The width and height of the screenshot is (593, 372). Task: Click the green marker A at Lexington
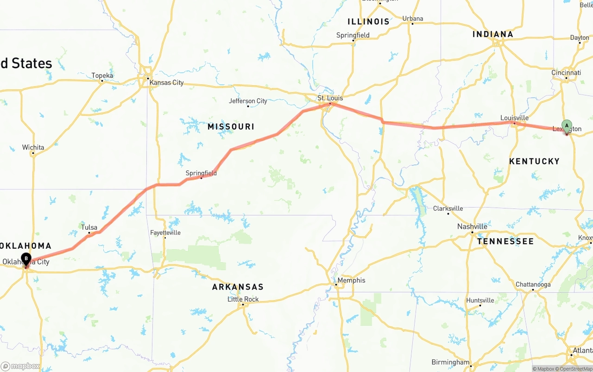(567, 126)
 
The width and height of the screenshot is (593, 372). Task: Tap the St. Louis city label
(330, 98)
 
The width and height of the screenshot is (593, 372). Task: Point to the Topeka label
(102, 76)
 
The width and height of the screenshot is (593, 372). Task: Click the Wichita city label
(33, 148)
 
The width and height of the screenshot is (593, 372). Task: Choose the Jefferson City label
(248, 101)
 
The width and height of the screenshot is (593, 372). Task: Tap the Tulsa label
(89, 227)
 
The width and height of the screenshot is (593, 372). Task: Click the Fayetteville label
(165, 233)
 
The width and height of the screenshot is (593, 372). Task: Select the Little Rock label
(243, 299)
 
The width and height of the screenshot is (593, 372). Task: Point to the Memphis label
(351, 280)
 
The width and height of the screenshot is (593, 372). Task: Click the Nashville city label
(472, 227)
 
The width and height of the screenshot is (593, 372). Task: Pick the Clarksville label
(448, 208)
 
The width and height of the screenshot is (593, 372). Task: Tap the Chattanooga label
(533, 284)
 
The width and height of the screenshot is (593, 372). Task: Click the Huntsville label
(480, 300)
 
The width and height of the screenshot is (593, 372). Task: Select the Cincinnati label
(566, 73)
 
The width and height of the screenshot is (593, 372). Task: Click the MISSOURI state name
(231, 127)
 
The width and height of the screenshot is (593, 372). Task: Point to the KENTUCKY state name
(534, 161)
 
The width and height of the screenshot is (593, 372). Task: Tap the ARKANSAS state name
(238, 287)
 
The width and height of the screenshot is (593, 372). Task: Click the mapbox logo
(20, 366)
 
